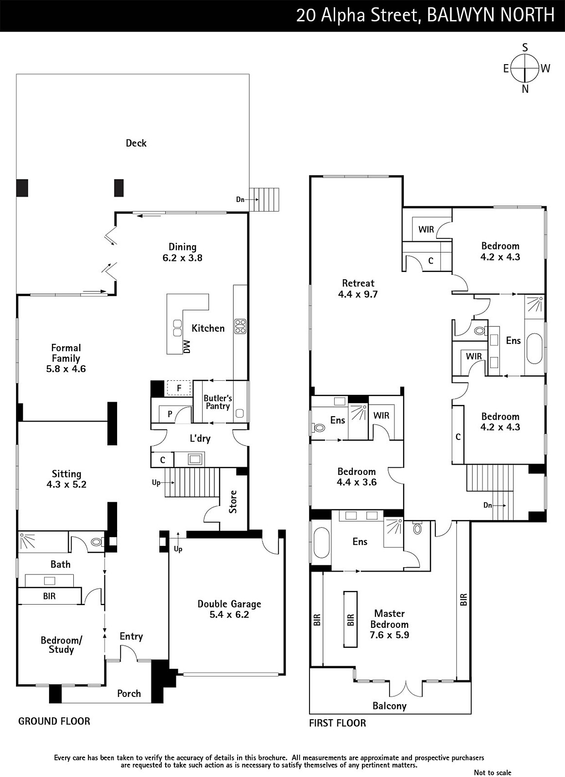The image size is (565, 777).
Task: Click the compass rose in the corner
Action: [x=526, y=68]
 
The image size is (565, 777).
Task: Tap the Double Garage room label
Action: [x=229, y=604]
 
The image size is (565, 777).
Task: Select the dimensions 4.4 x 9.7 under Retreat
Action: [x=358, y=294]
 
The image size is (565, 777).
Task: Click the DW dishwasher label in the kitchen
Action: [x=187, y=347]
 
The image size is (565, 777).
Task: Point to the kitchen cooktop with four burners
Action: [x=240, y=326]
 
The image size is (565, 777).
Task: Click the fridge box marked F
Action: [x=179, y=388]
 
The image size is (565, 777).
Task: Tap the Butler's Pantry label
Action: [x=218, y=402]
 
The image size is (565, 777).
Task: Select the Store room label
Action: [x=233, y=502]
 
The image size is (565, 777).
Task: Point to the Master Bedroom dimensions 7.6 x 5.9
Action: [x=390, y=635]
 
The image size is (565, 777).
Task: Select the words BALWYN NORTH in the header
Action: [x=491, y=15]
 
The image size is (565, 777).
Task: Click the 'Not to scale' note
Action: [x=493, y=773]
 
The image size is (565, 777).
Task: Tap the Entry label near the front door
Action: [x=131, y=637]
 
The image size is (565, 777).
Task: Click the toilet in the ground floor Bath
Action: [x=97, y=542]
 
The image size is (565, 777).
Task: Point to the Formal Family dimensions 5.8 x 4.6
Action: [x=66, y=369]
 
